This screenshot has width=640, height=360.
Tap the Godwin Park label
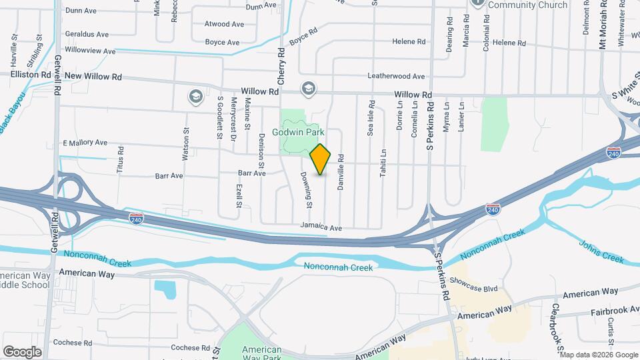pyautogui.click(x=307, y=133)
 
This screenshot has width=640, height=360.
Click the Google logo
pyautogui.click(x=22, y=351)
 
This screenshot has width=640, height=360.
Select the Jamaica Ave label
pyautogui.click(x=321, y=227)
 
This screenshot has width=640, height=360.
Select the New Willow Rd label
pyautogui.click(x=93, y=77)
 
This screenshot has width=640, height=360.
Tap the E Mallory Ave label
pyautogui.click(x=85, y=143)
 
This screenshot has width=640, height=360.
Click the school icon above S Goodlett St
pyautogui.click(x=195, y=97)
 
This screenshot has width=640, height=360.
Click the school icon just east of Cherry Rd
pyautogui.click(x=307, y=88)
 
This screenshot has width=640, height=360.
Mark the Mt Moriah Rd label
pyautogui.click(x=601, y=25)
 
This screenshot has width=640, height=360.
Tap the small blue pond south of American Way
pyautogui.click(x=164, y=289)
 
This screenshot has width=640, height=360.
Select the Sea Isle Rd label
pyautogui.click(x=371, y=119)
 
